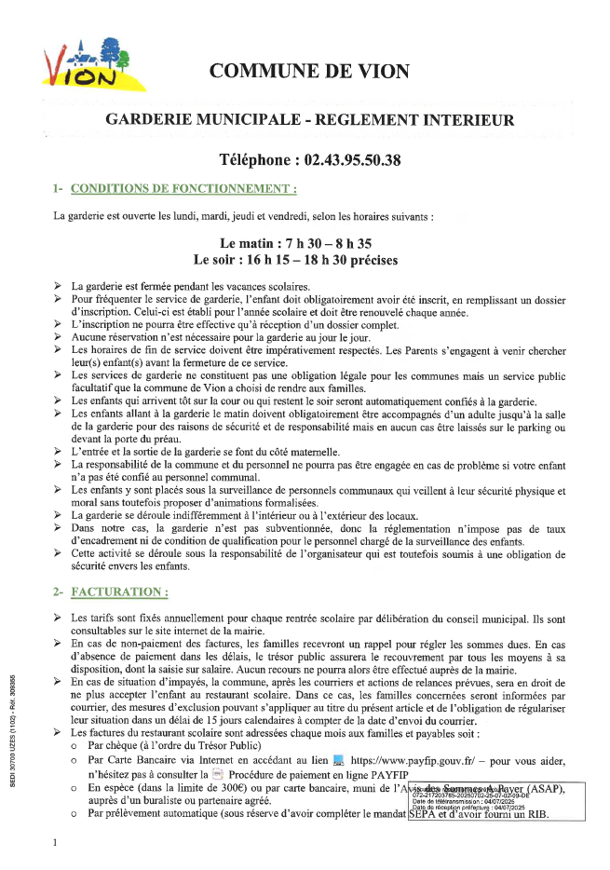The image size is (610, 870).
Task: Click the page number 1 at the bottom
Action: (x=56, y=842)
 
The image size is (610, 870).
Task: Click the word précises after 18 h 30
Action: (x=371, y=260)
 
